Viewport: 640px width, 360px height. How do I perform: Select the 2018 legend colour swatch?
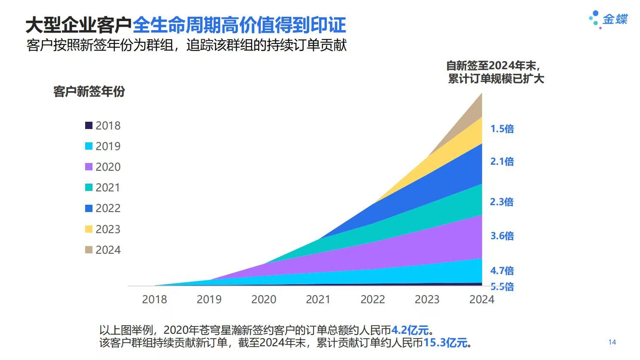pyautogui.click(x=89, y=126)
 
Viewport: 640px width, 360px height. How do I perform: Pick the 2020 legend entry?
pyautogui.click(x=103, y=167)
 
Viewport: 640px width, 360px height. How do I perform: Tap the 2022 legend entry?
pyautogui.click(x=103, y=208)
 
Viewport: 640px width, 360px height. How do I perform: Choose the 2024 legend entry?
pyautogui.click(x=103, y=250)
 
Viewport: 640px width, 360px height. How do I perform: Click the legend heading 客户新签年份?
pyautogui.click(x=89, y=91)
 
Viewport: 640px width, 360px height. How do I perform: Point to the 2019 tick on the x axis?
pyautogui.click(x=209, y=299)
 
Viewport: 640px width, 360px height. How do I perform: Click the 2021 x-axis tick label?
pyautogui.click(x=318, y=299)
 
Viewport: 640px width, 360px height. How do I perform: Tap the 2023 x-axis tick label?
pyautogui.click(x=427, y=299)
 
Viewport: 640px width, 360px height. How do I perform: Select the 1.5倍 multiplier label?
pyautogui.click(x=502, y=129)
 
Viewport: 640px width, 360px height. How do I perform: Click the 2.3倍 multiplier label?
pyautogui.click(x=502, y=202)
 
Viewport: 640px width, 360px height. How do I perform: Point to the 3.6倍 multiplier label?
pyautogui.click(x=502, y=236)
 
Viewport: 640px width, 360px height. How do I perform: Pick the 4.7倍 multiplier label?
pyautogui.click(x=502, y=271)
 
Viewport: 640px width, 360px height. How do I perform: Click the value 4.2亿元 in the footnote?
pyautogui.click(x=410, y=330)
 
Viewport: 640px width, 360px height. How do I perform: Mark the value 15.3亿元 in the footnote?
pyautogui.click(x=445, y=343)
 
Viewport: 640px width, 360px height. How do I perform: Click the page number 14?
pyautogui.click(x=612, y=342)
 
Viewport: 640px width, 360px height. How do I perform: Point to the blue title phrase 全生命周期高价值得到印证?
pyautogui.click(x=239, y=25)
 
